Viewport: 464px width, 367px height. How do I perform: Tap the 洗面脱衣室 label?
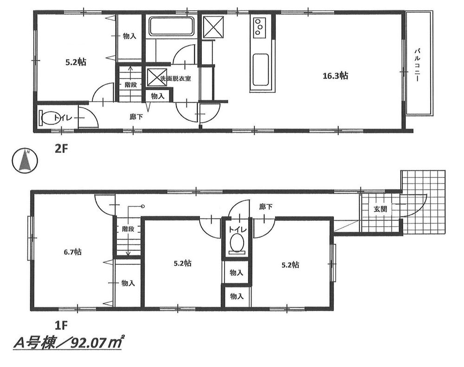point(175,79)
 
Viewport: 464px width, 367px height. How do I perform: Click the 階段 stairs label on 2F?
point(130,85)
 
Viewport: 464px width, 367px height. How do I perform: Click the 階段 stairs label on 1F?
point(128,229)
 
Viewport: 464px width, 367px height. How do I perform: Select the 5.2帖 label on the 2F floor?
point(74,61)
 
